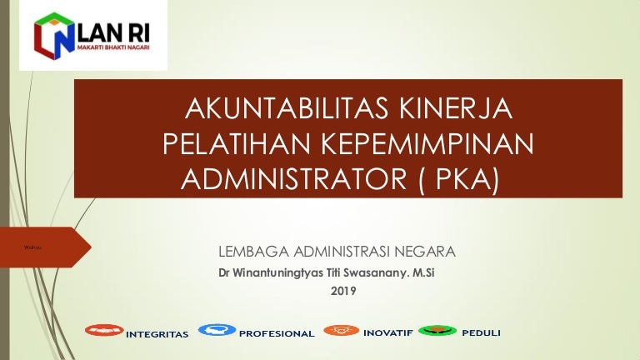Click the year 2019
click(x=343, y=291)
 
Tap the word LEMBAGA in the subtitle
click(x=250, y=251)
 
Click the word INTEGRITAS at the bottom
click(x=157, y=334)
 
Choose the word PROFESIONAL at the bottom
click(x=277, y=334)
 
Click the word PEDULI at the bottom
click(x=481, y=333)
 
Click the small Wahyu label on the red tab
click(x=33, y=247)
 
